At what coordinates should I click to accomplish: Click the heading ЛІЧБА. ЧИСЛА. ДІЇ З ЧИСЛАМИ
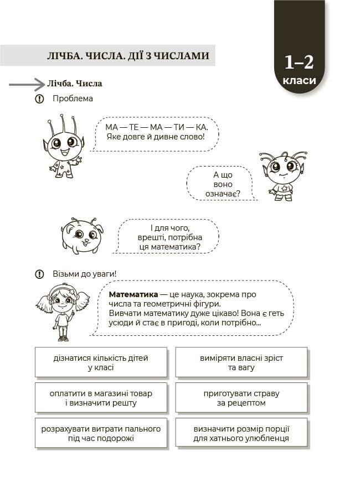(x=128, y=55)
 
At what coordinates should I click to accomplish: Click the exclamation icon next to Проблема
(x=39, y=99)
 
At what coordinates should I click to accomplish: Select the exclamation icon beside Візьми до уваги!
(x=39, y=274)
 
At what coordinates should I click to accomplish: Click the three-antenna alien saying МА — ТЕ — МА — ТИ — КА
(x=63, y=147)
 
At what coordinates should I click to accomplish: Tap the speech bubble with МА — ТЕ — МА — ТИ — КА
(x=154, y=132)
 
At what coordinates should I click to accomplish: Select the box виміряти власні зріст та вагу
(x=241, y=362)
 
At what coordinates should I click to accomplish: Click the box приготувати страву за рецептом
(x=241, y=398)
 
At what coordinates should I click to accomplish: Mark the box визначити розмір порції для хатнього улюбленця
(x=241, y=433)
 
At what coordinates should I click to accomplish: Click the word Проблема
(x=73, y=99)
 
